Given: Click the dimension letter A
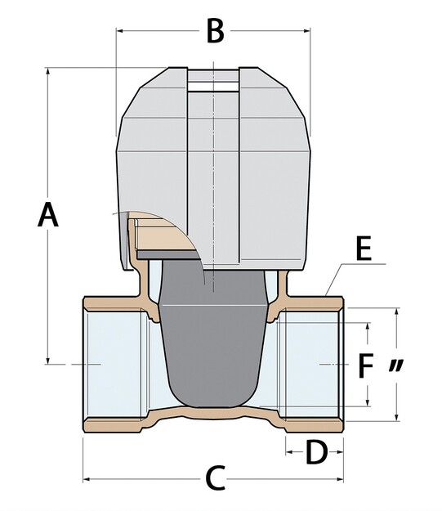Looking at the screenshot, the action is coord(48,214).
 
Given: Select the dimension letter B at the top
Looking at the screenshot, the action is coord(216,31).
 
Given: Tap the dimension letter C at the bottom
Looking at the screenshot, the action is coord(216,478).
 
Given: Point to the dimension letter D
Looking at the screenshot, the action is coord(316,451).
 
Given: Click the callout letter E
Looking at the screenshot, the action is coord(364,249).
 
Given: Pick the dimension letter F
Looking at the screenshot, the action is coord(365,366).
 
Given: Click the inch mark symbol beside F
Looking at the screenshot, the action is coord(396,365).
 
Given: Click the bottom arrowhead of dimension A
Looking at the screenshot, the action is coord(48,360).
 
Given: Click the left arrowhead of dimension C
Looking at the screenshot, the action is coord(87,479).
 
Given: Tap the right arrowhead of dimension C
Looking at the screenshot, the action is coord(339,479).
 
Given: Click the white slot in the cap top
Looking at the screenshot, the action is coord(213,87).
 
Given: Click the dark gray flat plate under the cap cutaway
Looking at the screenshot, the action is coord(167,255).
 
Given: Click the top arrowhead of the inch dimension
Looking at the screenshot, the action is coord(396,312).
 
